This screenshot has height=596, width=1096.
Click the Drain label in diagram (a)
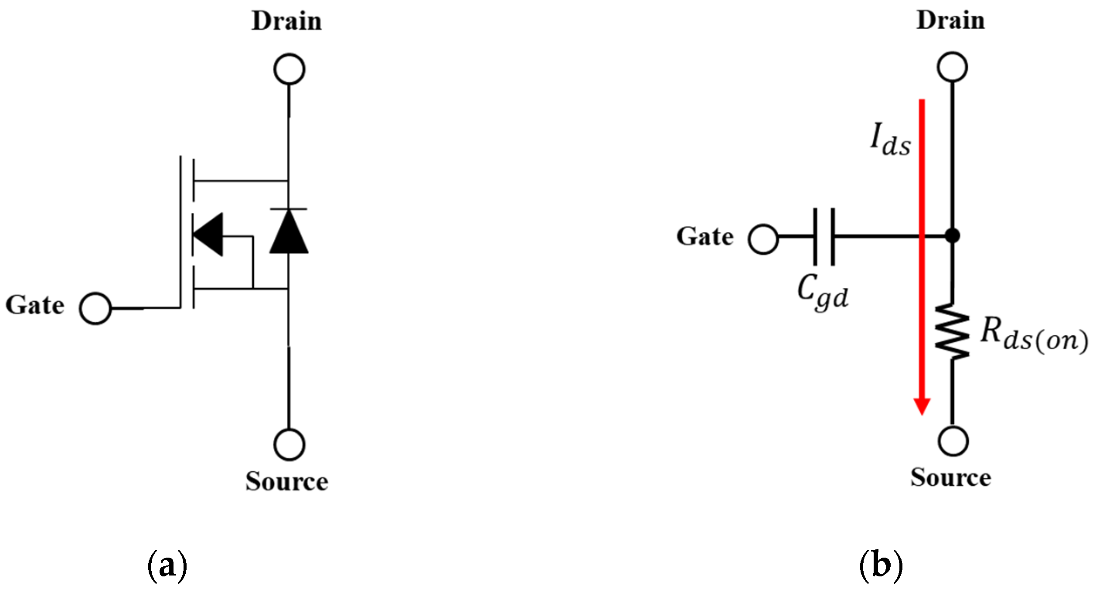286,21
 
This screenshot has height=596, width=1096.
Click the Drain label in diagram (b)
950,20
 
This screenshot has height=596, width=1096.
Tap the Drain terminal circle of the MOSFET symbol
289,69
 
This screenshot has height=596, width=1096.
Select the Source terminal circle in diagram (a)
289,444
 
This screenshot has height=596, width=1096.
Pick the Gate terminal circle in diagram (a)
95,308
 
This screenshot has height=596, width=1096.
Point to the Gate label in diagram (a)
35,305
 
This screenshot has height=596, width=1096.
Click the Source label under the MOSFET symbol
286,481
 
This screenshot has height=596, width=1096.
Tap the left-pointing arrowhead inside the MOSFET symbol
208,235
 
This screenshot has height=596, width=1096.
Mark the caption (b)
881,565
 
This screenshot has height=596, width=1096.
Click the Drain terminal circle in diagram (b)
952,67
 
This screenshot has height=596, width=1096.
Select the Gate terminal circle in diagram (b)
763,239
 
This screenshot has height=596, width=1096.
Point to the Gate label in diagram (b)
705,237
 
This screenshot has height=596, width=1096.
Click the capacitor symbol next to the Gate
824,237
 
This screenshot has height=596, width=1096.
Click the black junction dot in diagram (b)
953,236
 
